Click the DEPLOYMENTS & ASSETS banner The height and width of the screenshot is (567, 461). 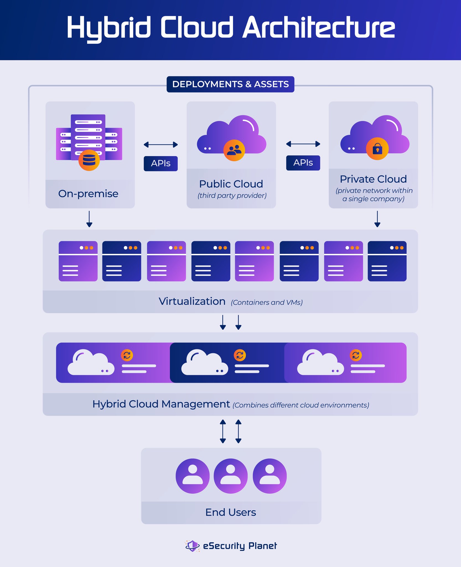230,84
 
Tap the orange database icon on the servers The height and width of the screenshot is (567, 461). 89,160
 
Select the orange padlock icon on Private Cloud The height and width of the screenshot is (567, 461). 377,149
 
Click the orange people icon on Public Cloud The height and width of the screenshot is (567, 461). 234,150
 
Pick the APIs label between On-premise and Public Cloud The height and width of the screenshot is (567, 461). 160,163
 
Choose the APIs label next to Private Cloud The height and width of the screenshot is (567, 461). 303,163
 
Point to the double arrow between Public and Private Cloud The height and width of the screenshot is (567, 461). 303,144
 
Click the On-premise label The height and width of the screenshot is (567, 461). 88,194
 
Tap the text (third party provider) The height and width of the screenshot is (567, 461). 232,195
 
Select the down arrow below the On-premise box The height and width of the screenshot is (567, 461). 89,219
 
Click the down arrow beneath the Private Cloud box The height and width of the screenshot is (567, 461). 377,219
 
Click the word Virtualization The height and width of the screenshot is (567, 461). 192,301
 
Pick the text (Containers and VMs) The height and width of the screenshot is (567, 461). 267,302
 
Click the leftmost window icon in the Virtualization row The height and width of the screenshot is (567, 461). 78,261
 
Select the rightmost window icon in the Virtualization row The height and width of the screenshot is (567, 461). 387,261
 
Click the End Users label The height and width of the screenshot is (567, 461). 230,512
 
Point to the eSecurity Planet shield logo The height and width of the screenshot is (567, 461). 192,546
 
